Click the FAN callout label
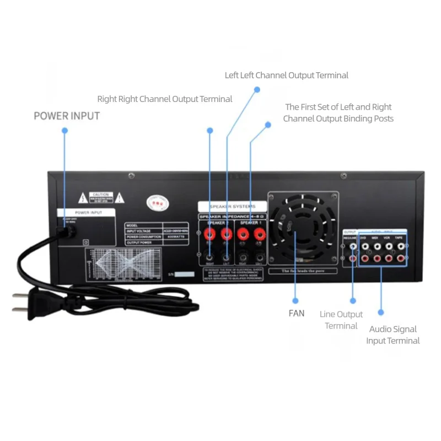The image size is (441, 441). (x=296, y=314)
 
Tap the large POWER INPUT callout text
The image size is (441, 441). (x=67, y=116)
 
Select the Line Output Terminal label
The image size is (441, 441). (x=341, y=320)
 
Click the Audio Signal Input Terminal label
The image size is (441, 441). (x=393, y=335)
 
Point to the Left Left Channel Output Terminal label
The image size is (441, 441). (x=287, y=75)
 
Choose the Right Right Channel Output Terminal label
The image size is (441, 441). (x=165, y=99)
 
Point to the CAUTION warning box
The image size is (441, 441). (x=102, y=197)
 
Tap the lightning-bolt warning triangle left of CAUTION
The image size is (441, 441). (x=83, y=197)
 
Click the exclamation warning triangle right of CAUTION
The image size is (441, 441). (x=120, y=197)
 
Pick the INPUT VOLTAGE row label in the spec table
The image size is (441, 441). (x=138, y=231)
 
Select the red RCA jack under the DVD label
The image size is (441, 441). (x=364, y=258)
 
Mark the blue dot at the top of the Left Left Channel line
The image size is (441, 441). (x=257, y=89)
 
